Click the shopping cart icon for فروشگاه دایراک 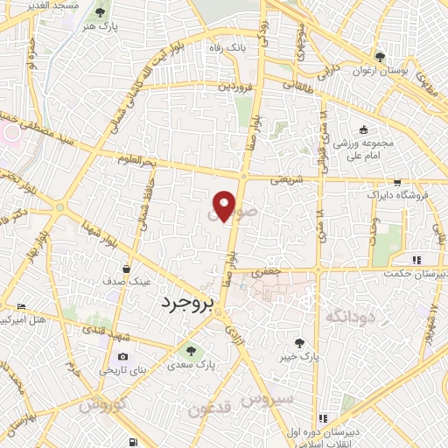coord(397,183)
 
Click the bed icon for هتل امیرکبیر coord(21,306)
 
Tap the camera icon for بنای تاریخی coord(122,357)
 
